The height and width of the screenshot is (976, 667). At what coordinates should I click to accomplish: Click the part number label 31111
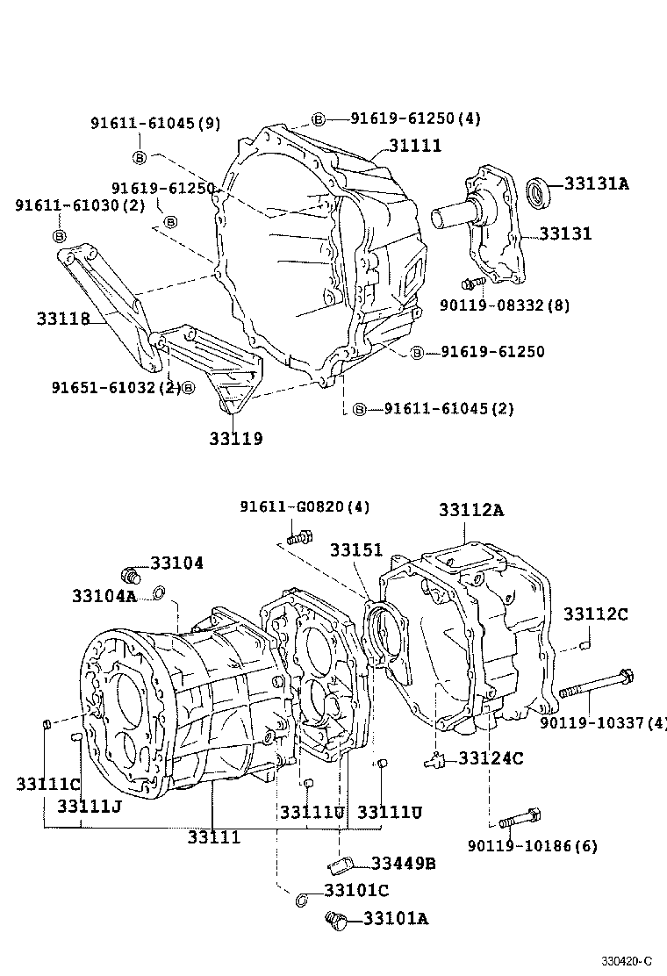coord(410,147)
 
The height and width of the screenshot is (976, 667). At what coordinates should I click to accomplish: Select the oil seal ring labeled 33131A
coord(539,192)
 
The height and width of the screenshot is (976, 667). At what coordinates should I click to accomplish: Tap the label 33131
coord(565,233)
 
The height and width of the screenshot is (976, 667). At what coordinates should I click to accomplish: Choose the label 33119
coord(235,437)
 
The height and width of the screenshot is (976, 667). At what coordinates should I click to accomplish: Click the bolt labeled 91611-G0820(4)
coord(299,535)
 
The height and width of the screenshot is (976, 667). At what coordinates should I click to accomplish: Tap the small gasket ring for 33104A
coord(159,595)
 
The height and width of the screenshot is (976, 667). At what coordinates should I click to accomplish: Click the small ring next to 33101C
coord(301,898)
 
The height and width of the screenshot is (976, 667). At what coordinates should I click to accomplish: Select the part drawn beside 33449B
coord(344,864)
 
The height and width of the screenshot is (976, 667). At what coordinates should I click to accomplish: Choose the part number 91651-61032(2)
coord(115,387)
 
